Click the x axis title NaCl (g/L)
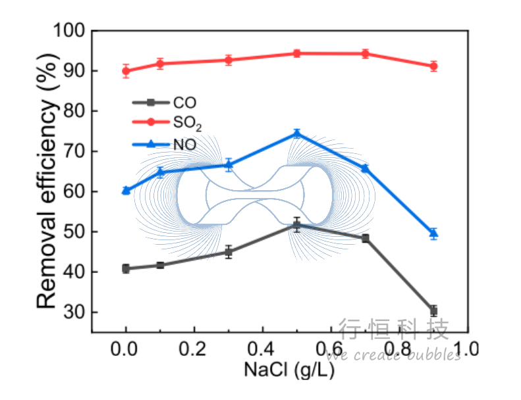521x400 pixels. point(289,370)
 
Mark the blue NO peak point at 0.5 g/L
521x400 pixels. point(297,134)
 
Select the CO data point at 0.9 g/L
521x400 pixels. point(433,311)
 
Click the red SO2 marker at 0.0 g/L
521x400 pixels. point(126,71)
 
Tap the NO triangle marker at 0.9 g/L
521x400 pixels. point(433,233)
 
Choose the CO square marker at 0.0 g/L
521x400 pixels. point(126,268)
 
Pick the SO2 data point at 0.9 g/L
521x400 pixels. point(433,66)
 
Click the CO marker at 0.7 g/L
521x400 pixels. point(366,238)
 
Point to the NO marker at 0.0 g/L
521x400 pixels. point(126,191)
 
